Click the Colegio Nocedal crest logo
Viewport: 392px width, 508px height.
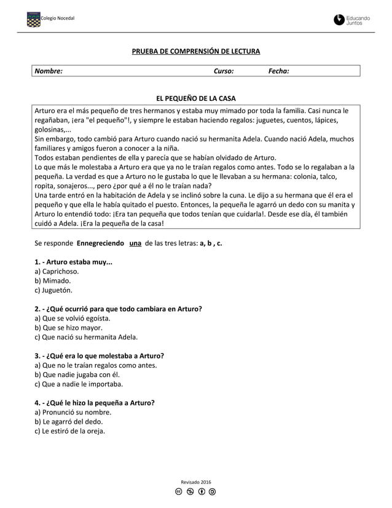(x=33, y=20)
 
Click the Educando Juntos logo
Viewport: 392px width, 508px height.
(x=352, y=20)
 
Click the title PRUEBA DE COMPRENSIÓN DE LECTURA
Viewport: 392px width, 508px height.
(x=196, y=51)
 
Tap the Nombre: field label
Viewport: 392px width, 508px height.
(x=49, y=71)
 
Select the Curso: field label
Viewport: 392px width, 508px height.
(x=223, y=71)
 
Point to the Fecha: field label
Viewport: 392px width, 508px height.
(x=279, y=71)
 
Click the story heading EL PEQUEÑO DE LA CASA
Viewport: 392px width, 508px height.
(x=196, y=98)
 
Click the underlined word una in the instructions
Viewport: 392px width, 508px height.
(x=136, y=243)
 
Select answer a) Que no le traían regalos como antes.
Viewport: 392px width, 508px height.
(x=95, y=365)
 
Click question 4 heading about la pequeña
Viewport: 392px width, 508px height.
(x=94, y=403)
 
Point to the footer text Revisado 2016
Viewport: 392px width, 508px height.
(x=195, y=482)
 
